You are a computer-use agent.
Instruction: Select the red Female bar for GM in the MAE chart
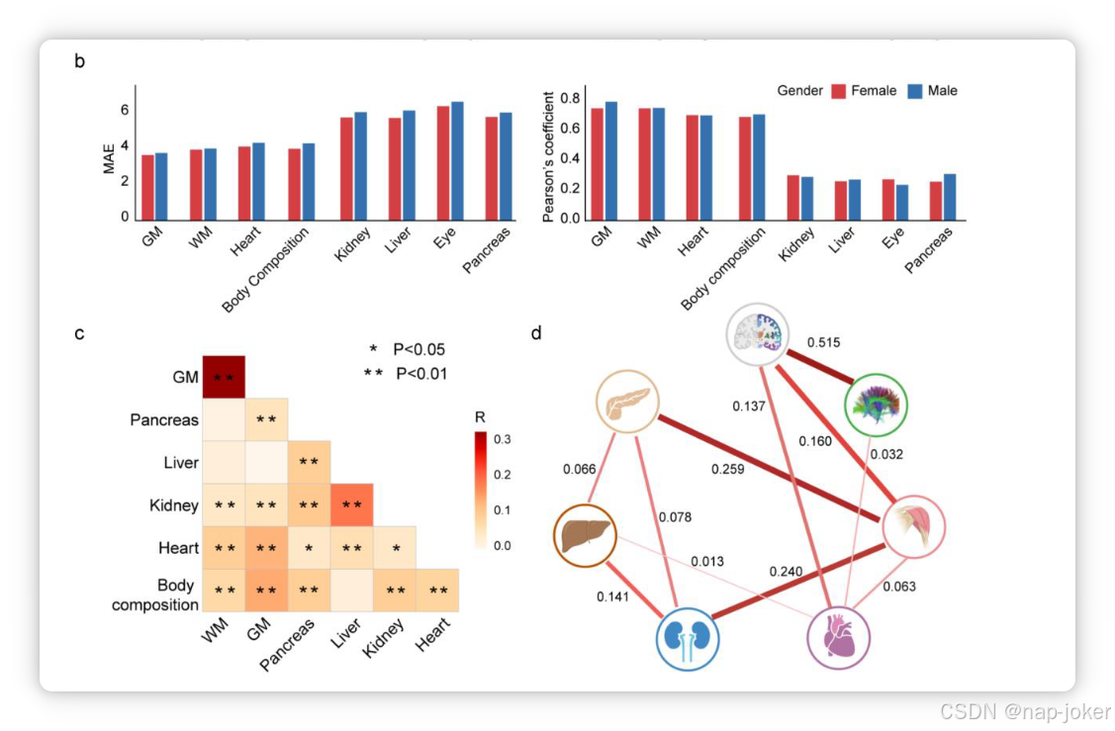click(x=147, y=188)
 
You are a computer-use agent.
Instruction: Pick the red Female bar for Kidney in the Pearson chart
click(x=792, y=198)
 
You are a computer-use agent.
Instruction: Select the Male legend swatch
click(x=914, y=91)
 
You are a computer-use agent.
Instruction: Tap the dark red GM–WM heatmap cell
click(x=224, y=377)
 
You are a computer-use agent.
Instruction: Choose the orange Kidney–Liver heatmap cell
click(x=351, y=505)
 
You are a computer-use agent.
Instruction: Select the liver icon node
click(x=584, y=535)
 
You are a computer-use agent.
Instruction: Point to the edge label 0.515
click(x=823, y=342)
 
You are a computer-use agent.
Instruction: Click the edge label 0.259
click(x=727, y=468)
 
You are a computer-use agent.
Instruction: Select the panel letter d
click(x=536, y=333)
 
